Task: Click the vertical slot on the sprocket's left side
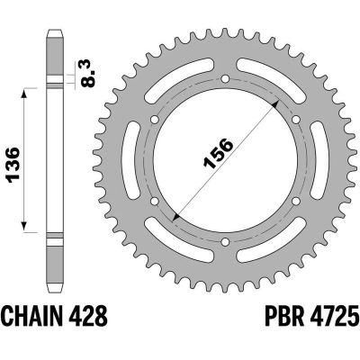pos(136,165)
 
